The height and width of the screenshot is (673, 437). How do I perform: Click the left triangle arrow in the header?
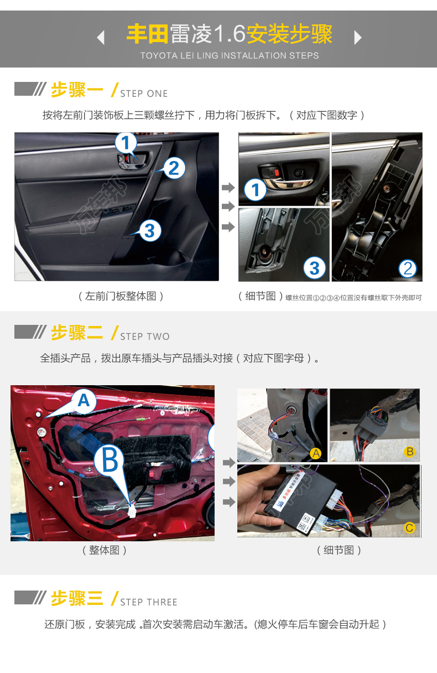(x=101, y=38)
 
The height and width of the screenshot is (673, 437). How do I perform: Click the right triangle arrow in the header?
(x=358, y=38)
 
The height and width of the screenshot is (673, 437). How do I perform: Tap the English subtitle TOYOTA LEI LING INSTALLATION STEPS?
(x=230, y=55)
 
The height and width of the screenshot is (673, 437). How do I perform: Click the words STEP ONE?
(x=144, y=94)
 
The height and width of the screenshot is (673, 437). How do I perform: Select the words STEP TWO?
(x=145, y=336)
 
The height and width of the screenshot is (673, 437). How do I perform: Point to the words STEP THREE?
(x=149, y=602)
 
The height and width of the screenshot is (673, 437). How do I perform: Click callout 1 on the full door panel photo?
(x=126, y=143)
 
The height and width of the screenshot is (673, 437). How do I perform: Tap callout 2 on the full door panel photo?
(x=174, y=168)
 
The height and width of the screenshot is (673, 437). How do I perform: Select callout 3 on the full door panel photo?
(x=150, y=230)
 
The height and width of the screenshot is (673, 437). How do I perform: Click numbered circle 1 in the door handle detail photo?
(x=256, y=190)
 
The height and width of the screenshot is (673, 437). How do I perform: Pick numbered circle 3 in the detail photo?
(x=314, y=268)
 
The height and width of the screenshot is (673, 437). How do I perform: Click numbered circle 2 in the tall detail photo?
(x=408, y=268)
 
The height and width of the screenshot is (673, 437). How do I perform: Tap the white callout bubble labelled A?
(x=83, y=401)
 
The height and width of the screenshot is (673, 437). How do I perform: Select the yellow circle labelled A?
(x=316, y=454)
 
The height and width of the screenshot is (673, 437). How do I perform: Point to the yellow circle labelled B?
(x=410, y=452)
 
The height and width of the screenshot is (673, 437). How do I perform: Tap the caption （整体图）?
(x=105, y=550)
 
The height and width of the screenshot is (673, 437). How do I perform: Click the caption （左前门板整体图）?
(x=121, y=296)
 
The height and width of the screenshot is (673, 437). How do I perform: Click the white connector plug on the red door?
(x=132, y=511)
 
